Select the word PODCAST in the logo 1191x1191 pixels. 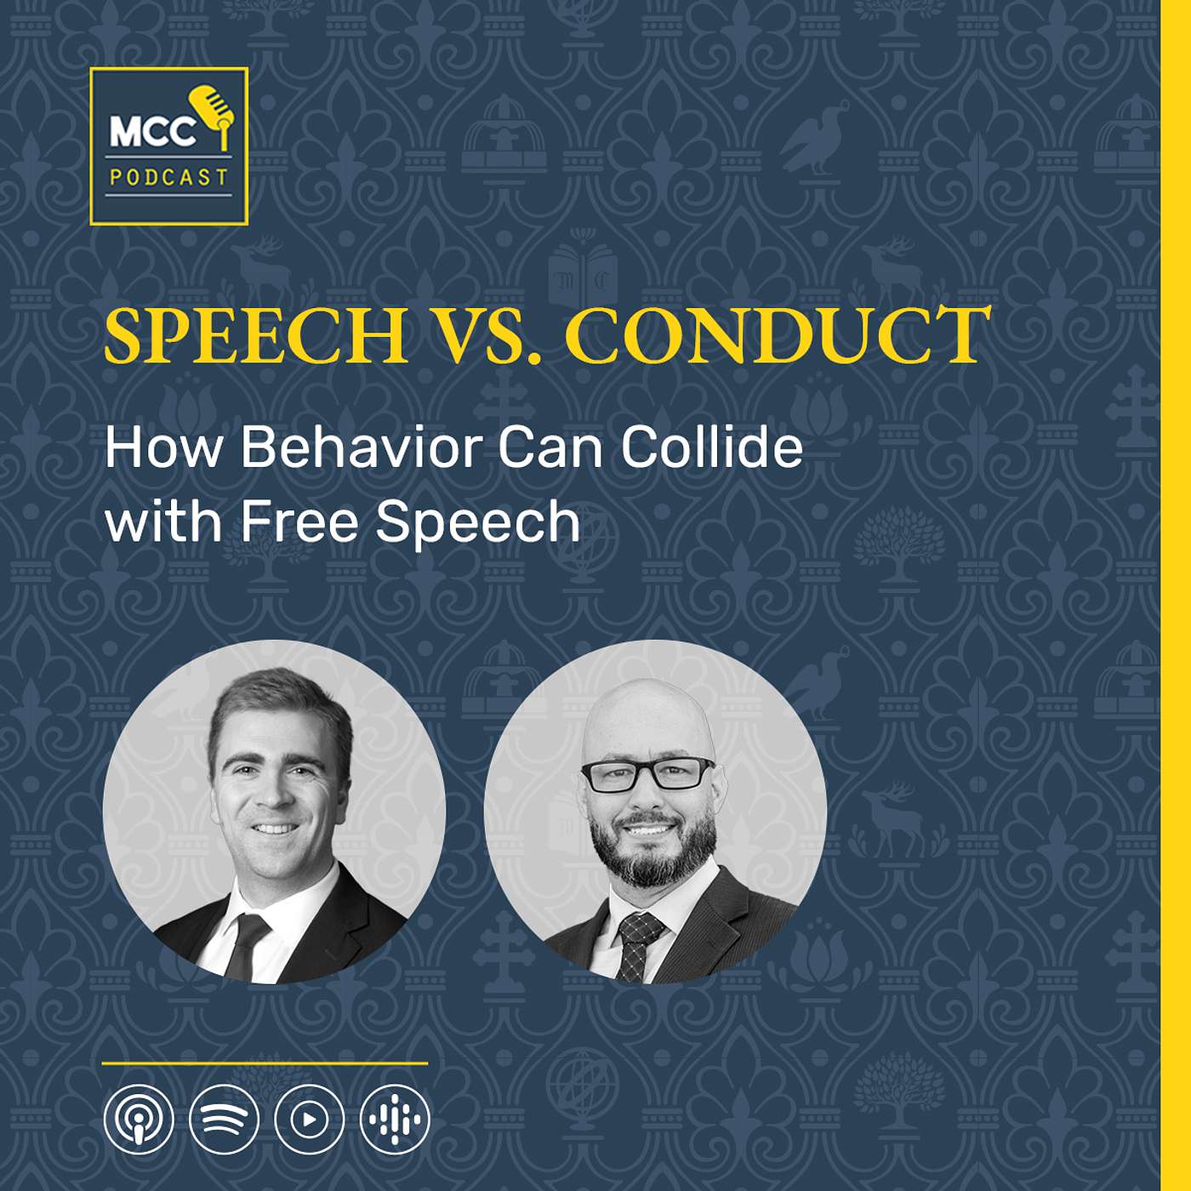(x=168, y=178)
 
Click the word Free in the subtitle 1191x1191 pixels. (x=299, y=521)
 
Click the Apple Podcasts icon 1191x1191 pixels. (x=139, y=1120)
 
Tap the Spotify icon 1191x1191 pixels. (x=224, y=1120)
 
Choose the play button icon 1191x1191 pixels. (x=309, y=1120)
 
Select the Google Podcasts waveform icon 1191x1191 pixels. (x=395, y=1120)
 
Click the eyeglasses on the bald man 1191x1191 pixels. (x=647, y=775)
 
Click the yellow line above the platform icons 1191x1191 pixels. (x=265, y=1063)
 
